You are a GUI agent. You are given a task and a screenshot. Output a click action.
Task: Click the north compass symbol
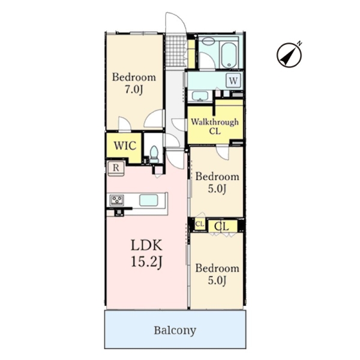(x=289, y=55)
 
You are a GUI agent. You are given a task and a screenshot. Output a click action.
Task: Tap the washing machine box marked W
(x=233, y=80)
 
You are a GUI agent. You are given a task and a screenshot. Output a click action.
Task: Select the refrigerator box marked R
(x=116, y=168)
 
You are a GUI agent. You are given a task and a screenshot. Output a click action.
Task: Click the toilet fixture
(x=154, y=154)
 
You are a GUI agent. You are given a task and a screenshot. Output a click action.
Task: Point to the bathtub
(x=229, y=55)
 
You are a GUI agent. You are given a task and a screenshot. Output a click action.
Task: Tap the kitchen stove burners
(x=117, y=200)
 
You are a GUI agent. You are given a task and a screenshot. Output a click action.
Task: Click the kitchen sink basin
(x=149, y=200)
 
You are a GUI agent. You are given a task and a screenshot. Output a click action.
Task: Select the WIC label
(x=125, y=146)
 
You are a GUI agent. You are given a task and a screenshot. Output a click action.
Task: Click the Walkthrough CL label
(x=215, y=126)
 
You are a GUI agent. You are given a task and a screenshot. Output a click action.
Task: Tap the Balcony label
(x=175, y=331)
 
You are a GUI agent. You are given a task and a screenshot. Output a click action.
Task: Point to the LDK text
(x=146, y=245)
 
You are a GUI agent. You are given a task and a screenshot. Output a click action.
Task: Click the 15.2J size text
(x=147, y=262)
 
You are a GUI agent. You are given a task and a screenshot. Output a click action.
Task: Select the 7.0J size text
(x=134, y=89)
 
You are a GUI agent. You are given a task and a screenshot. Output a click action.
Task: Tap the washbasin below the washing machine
(x=200, y=96)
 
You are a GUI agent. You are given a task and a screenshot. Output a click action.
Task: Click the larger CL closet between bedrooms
(x=222, y=226)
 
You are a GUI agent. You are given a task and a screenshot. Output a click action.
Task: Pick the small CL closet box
(x=200, y=224)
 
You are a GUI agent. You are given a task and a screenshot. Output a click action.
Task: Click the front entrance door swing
(x=176, y=23)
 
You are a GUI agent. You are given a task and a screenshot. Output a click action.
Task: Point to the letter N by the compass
(x=299, y=43)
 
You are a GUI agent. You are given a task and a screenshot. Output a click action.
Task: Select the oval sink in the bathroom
(x=208, y=41)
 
